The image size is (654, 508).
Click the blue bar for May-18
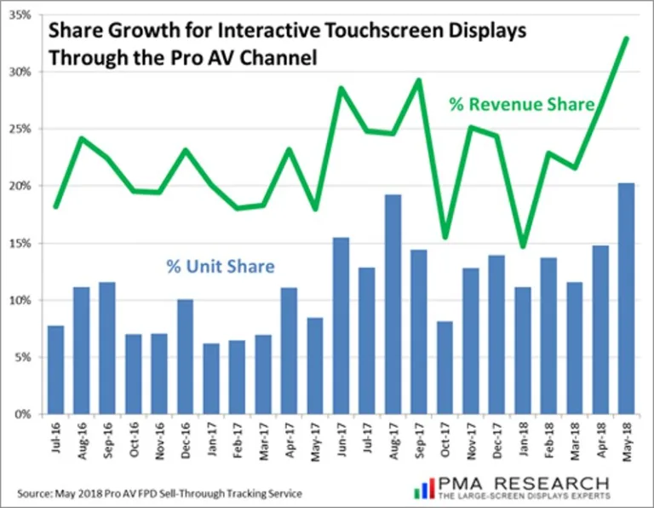click(x=626, y=298)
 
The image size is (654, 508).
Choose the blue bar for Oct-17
click(x=445, y=367)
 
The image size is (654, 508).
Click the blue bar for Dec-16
click(x=185, y=356)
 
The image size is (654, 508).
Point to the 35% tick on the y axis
click(x=20, y=14)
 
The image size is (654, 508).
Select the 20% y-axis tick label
click(x=20, y=186)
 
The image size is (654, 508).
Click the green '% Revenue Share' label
click(x=521, y=105)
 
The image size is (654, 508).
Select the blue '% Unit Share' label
click(x=221, y=267)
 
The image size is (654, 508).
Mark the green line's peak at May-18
click(x=627, y=38)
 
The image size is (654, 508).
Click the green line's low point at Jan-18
click(x=523, y=247)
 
